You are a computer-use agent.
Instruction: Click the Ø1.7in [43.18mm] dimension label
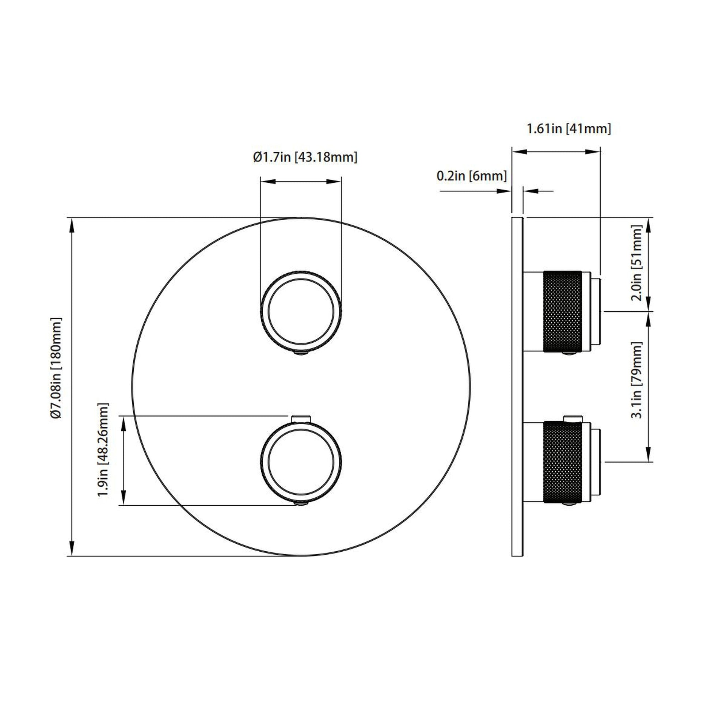click(305, 157)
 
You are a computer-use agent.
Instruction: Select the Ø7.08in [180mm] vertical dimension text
click(57, 368)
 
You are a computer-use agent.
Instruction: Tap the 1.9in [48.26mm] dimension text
click(103, 450)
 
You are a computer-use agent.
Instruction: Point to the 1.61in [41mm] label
click(569, 129)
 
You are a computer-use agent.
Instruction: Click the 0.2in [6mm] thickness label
click(471, 176)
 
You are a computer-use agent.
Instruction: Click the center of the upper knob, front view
click(301, 311)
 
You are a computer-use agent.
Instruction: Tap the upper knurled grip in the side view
click(562, 311)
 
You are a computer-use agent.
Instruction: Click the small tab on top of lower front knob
click(301, 419)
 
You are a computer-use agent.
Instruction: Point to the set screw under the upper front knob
click(301, 354)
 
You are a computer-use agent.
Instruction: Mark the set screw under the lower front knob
click(301, 505)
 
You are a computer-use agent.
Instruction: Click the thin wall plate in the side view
click(517, 387)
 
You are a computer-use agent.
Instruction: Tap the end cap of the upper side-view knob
click(596, 311)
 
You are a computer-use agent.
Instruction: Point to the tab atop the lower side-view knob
click(573, 418)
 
